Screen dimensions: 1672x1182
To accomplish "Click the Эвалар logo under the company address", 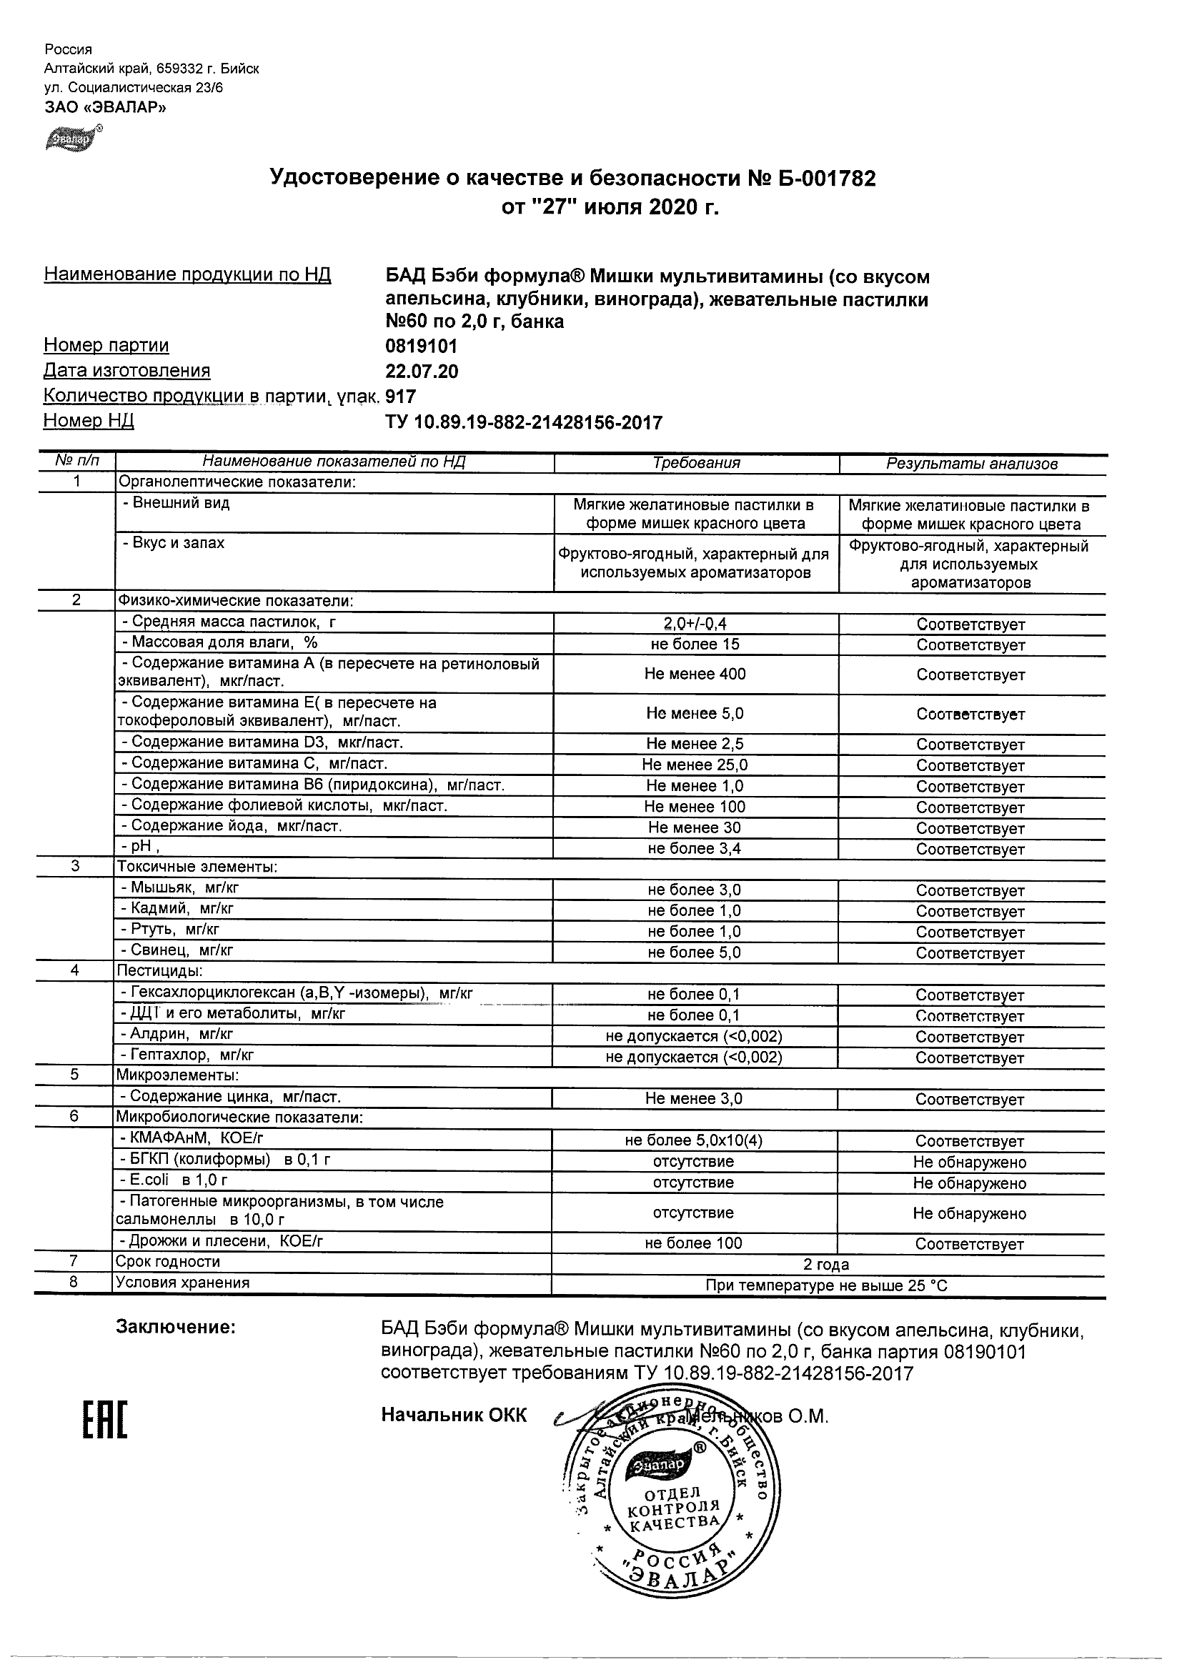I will (x=71, y=138).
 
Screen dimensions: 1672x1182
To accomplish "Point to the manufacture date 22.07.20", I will (x=422, y=372).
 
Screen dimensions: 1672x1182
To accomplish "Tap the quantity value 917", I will (x=401, y=396).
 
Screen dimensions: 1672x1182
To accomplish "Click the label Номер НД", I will (x=89, y=421).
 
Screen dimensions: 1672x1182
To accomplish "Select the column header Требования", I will (x=696, y=463).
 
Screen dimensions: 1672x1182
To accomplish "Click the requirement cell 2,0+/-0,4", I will (x=695, y=623).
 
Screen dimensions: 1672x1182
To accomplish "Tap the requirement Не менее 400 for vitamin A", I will (x=695, y=675).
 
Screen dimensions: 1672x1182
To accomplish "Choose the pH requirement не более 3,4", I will (x=695, y=848).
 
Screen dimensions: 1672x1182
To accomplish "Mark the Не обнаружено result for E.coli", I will (x=969, y=1183).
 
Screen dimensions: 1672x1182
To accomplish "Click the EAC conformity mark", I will (x=104, y=1420).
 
